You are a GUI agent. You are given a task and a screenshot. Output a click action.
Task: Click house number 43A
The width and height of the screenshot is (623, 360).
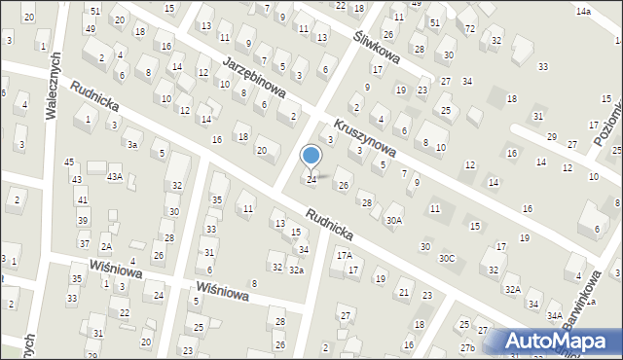coord(114,176)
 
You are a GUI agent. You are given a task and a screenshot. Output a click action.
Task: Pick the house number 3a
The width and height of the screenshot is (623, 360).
coord(132,144)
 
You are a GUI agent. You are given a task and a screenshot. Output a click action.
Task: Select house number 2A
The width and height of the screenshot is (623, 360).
coord(106,247)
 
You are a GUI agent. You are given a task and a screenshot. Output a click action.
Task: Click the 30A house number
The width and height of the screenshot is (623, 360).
coord(393,221)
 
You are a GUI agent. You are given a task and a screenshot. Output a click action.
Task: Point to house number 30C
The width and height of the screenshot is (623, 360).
coord(447,258)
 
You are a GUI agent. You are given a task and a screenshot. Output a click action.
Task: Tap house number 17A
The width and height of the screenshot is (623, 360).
coord(344,255)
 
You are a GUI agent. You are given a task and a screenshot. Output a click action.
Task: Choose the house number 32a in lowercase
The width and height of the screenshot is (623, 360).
coord(296,269)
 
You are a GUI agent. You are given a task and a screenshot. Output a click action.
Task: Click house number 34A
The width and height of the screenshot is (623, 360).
coord(554,316)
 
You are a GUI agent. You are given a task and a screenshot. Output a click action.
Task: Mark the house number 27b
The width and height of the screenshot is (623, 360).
coord(468,347)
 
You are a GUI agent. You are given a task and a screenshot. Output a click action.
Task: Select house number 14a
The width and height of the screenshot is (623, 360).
coord(582,11)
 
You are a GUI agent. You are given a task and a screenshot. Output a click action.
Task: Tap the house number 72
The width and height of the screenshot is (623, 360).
coord(470,29)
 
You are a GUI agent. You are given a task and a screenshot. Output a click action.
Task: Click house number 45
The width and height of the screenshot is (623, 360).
coord(68,162)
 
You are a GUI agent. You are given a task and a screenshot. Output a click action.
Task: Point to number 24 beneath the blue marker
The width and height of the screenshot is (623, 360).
coord(311,180)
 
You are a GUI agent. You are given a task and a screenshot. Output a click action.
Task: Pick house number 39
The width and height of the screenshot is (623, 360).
coord(83,221)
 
